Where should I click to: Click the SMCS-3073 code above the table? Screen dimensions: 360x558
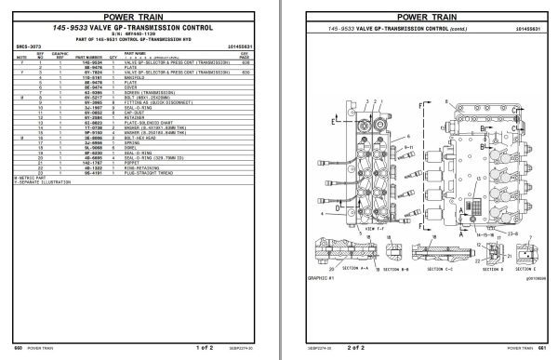(28, 44)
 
